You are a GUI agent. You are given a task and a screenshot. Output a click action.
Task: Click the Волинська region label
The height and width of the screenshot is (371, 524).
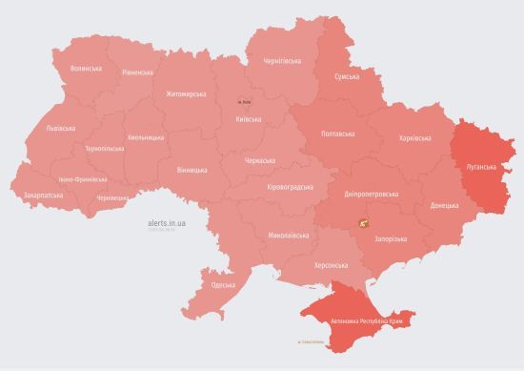pyautogui.click(x=86, y=69)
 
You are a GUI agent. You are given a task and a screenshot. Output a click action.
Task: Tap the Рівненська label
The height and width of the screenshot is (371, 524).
pyautogui.click(x=137, y=72)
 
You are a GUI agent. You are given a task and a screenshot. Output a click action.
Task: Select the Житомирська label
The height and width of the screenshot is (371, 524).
pyautogui.click(x=186, y=93)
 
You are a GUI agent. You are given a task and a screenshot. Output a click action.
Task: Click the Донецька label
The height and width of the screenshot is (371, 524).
pyautogui.click(x=444, y=205)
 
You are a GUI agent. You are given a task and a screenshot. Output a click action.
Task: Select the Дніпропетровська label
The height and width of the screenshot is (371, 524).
pyautogui.click(x=372, y=194)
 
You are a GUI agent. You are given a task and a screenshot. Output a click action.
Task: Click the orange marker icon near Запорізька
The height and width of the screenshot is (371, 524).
pyautogui.click(x=364, y=223)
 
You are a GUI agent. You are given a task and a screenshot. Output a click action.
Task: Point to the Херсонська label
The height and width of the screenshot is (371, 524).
pyautogui.click(x=331, y=265)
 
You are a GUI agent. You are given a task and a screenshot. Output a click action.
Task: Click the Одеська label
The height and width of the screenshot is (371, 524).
pyautogui.click(x=223, y=285)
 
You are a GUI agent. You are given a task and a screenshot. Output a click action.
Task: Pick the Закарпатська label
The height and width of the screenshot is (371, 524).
pyautogui.click(x=43, y=195)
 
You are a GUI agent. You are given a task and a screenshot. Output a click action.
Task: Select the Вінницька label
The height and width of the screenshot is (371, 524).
pyautogui.click(x=191, y=170)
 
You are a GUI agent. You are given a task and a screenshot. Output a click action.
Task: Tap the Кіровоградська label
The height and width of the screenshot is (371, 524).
pyautogui.click(x=291, y=187)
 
